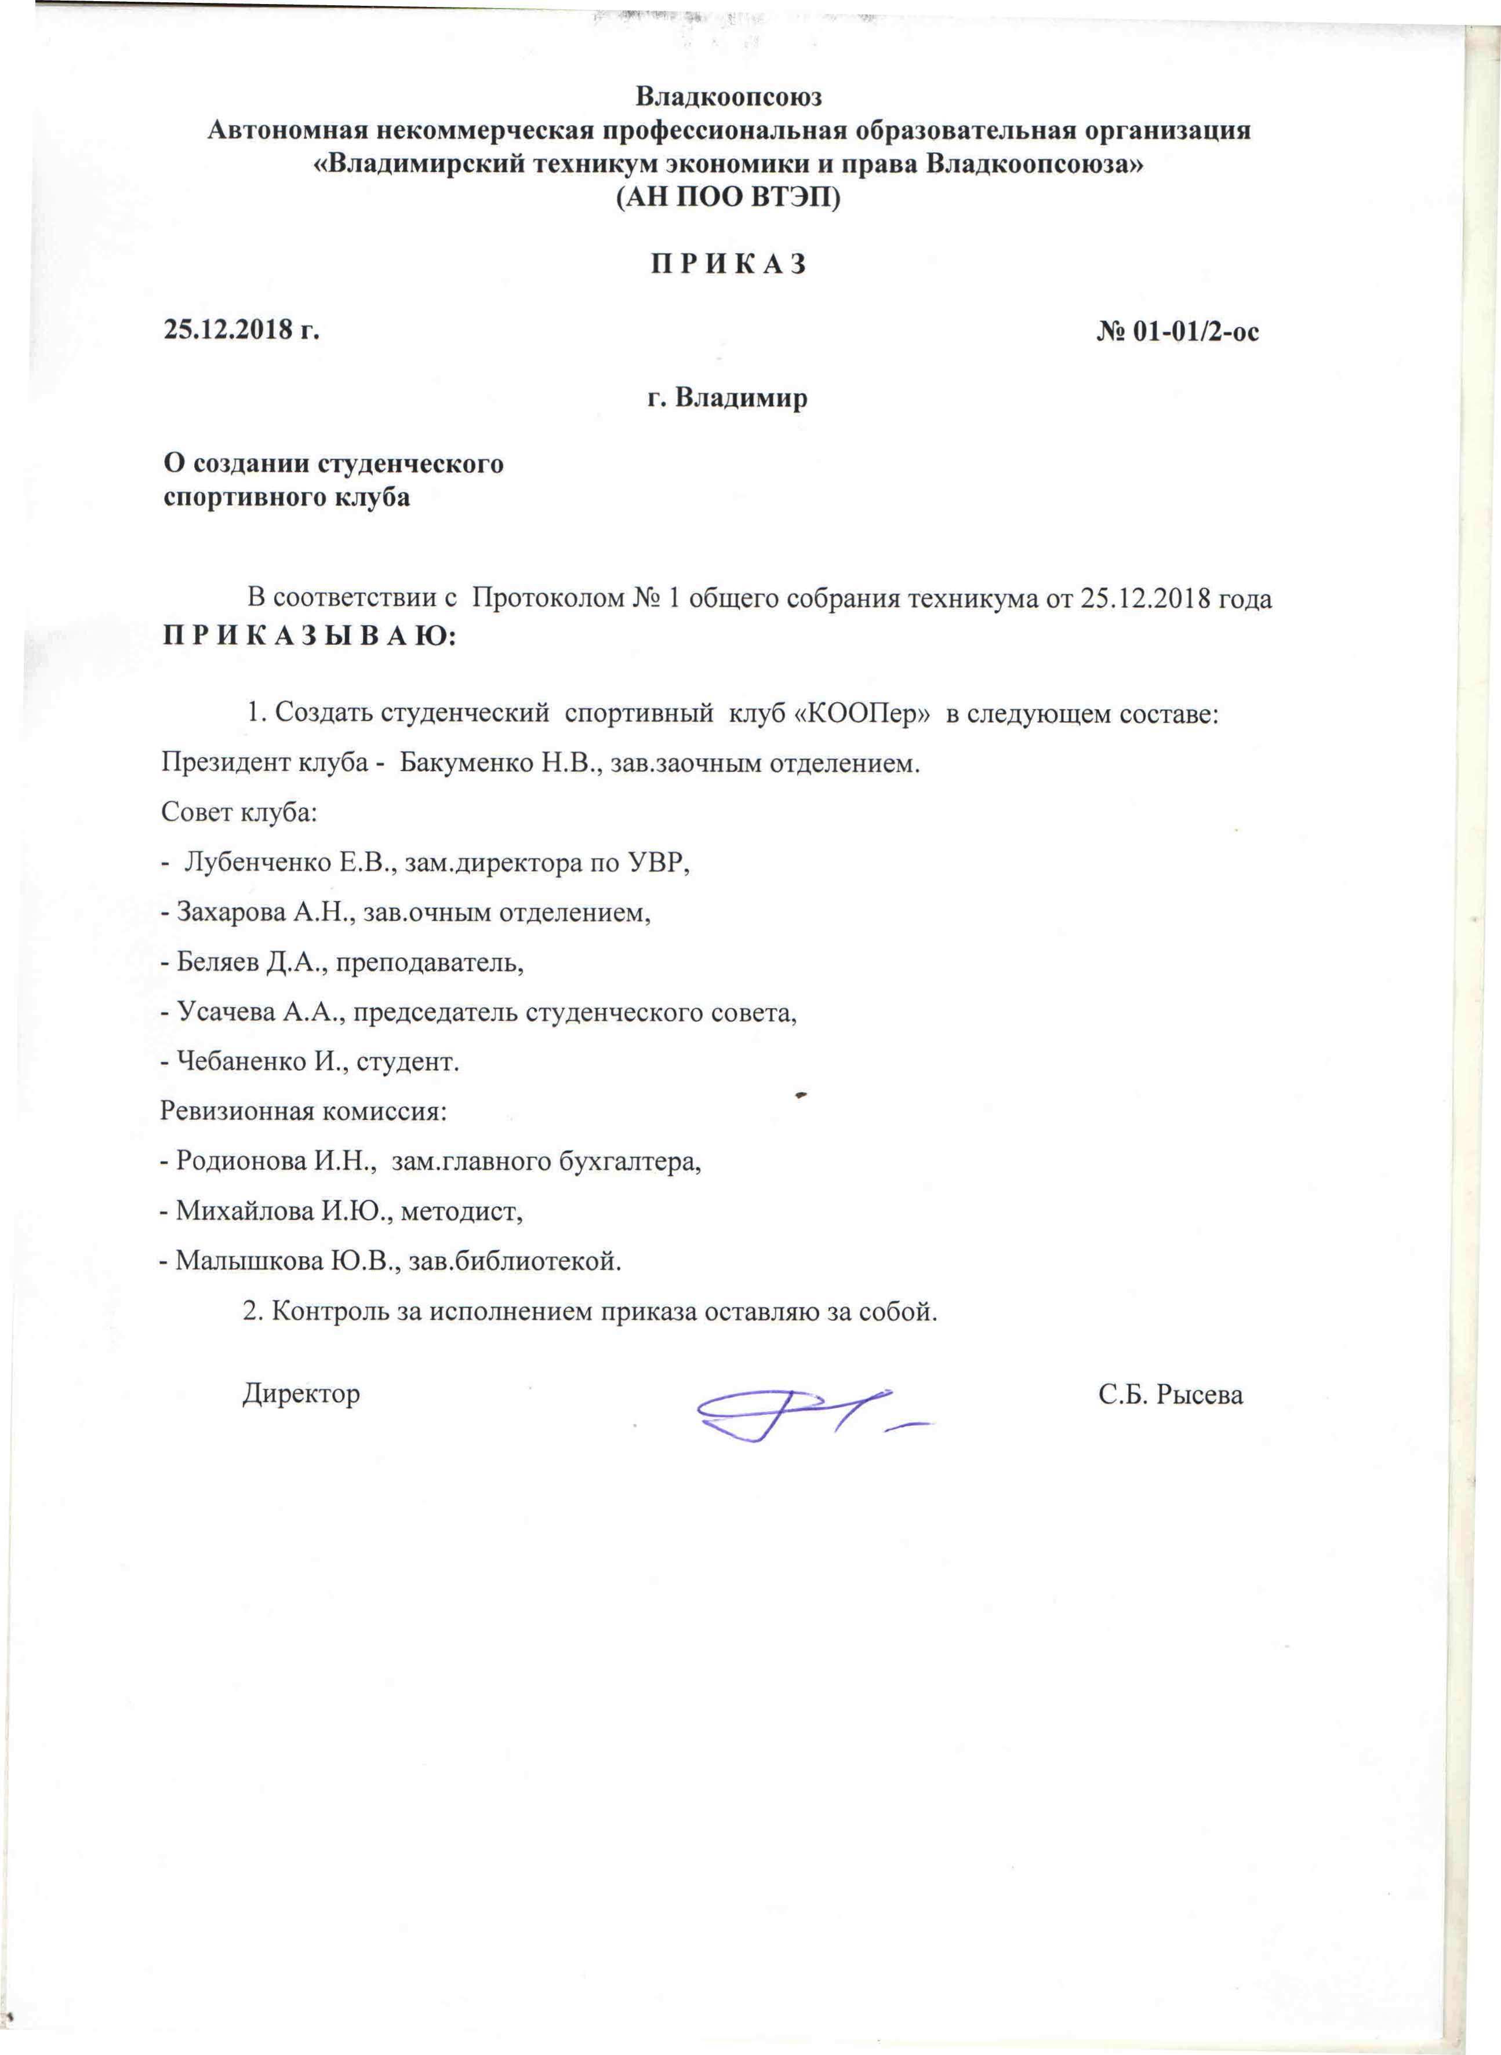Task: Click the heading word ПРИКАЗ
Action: click(728, 264)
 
